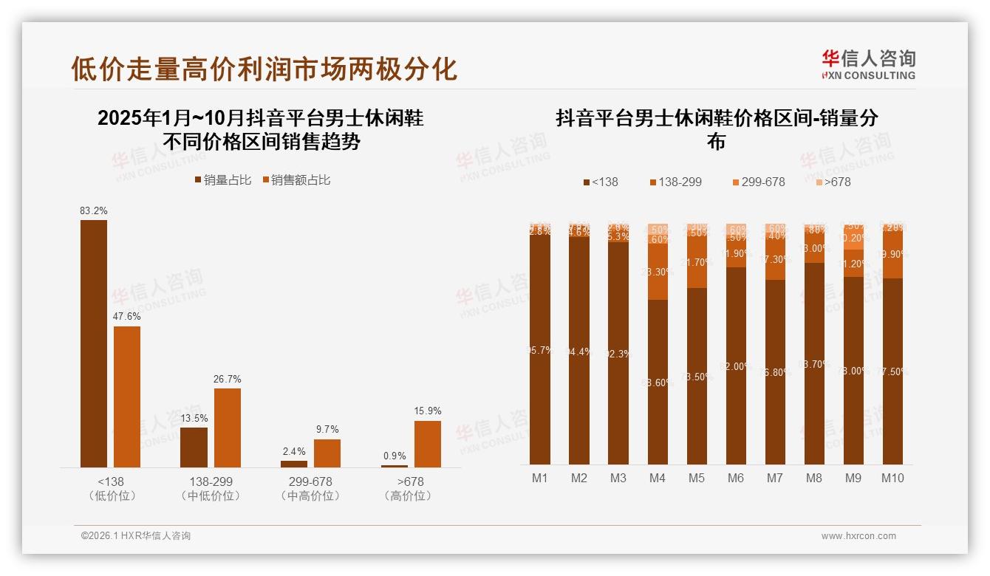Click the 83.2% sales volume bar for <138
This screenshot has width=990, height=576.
94,343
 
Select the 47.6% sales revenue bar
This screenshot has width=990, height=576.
127,397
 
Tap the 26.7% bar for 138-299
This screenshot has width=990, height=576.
228,428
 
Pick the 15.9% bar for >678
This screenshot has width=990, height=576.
428,444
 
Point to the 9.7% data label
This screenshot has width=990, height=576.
327,429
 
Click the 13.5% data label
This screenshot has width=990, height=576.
194,417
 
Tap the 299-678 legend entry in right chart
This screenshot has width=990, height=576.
759,182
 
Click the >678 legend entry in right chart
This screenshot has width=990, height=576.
832,182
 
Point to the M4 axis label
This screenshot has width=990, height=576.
658,478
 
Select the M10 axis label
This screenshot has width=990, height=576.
892,478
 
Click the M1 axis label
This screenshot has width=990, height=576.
540,478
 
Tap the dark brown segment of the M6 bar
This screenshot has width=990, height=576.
736,366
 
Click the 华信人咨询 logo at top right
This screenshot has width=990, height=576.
868,64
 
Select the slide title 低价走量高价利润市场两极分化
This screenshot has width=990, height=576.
264,69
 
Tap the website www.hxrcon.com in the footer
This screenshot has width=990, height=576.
858,536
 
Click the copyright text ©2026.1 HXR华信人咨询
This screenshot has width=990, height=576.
136,536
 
